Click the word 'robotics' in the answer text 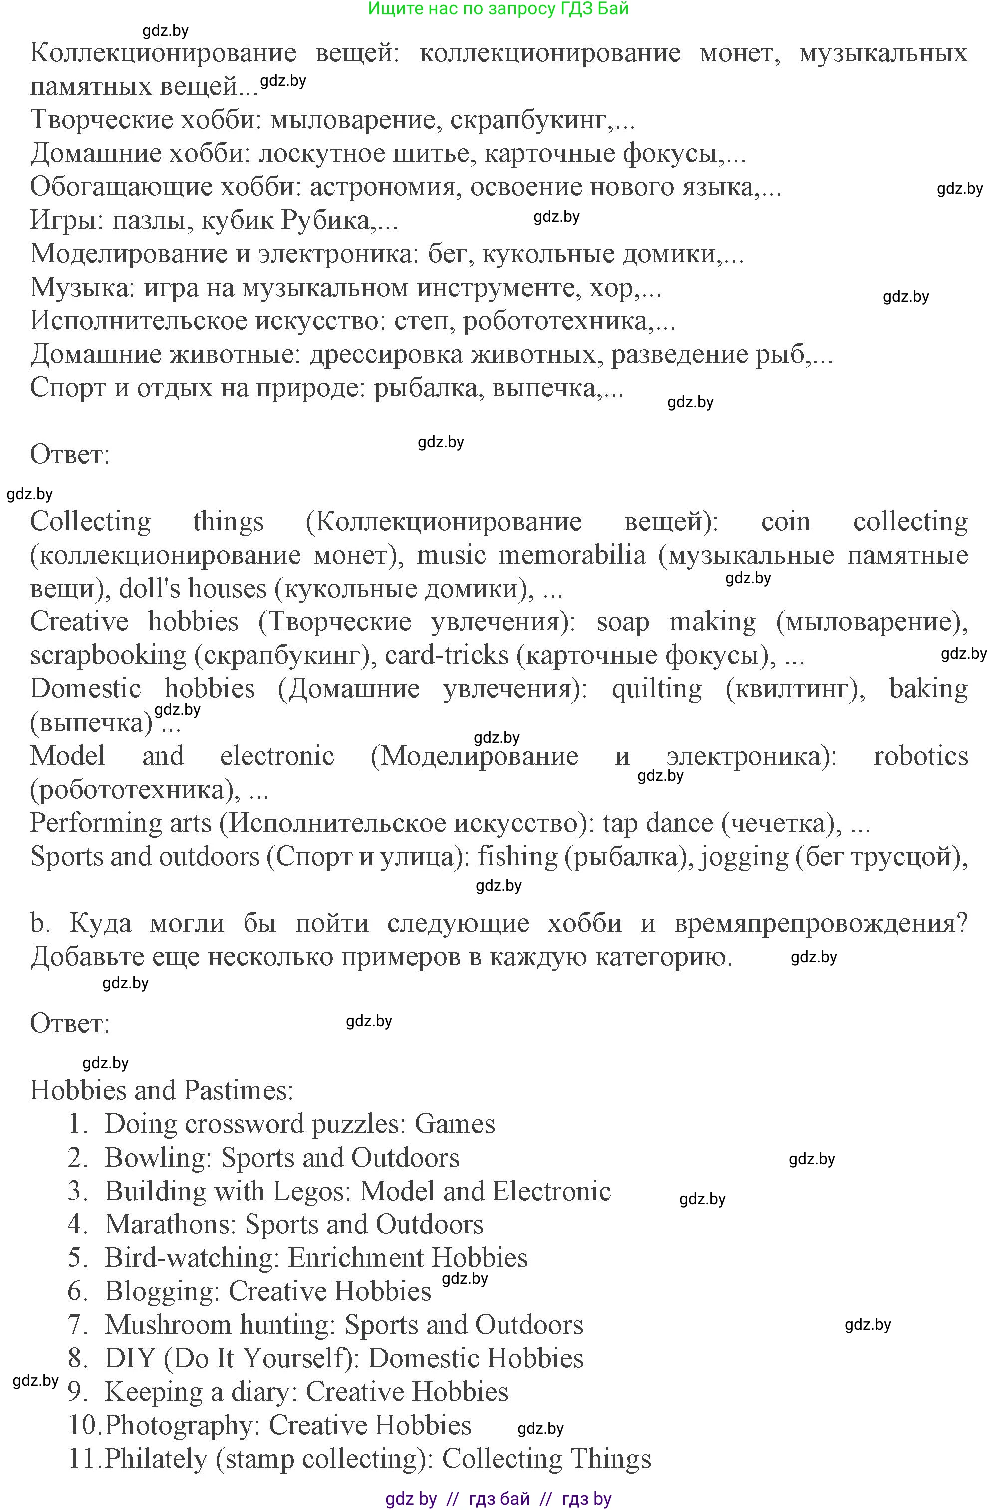point(920,756)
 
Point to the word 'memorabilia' point(571,555)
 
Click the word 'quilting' point(657,689)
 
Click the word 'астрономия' point(383,187)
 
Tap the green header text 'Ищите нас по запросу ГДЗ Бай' point(499,9)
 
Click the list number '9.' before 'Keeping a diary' point(78,1392)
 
